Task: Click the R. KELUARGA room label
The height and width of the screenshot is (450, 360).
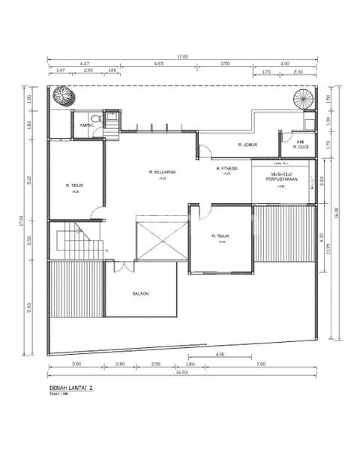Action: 162,172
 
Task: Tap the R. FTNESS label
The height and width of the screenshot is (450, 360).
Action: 227,169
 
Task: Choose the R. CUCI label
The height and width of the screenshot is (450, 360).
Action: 301,147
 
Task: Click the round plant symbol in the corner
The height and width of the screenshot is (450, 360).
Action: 61,96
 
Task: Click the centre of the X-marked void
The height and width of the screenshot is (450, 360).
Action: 160,240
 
